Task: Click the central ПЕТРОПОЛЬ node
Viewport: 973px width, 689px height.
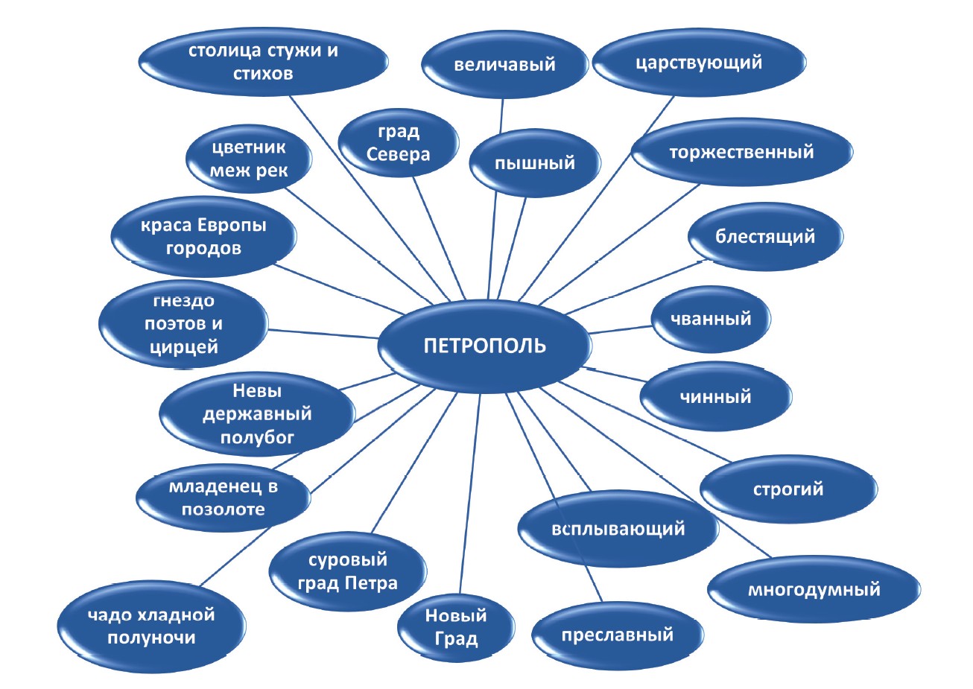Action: pyautogui.click(x=484, y=346)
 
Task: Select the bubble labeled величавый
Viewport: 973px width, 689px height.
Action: pyautogui.click(x=504, y=64)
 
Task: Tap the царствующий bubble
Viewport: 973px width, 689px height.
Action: pyautogui.click(x=699, y=62)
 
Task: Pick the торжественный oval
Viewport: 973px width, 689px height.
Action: pyautogui.click(x=741, y=152)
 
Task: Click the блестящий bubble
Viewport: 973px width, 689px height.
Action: pyautogui.click(x=765, y=237)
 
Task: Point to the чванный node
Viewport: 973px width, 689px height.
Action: pyautogui.click(x=711, y=319)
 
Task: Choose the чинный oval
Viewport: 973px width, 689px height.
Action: pyautogui.click(x=715, y=396)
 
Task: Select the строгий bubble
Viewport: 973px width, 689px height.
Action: pyautogui.click(x=788, y=489)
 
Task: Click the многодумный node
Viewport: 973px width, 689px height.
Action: pyautogui.click(x=814, y=590)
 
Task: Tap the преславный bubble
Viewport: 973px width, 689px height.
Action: pyautogui.click(x=617, y=635)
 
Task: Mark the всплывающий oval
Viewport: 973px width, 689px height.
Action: pyautogui.click(x=618, y=529)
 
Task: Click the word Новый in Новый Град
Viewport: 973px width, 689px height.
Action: pyautogui.click(x=456, y=615)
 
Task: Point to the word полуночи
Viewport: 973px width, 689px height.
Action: pyautogui.click(x=151, y=638)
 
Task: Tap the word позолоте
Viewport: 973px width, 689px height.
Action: pyautogui.click(x=223, y=509)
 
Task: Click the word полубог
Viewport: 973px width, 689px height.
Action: pyautogui.click(x=257, y=438)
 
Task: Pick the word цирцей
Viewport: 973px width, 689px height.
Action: pyautogui.click(x=184, y=347)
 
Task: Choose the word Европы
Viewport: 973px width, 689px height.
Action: pyautogui.click(x=232, y=226)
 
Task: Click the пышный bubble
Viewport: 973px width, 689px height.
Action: pyautogui.click(x=535, y=163)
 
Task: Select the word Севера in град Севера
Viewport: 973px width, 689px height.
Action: pyautogui.click(x=398, y=154)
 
